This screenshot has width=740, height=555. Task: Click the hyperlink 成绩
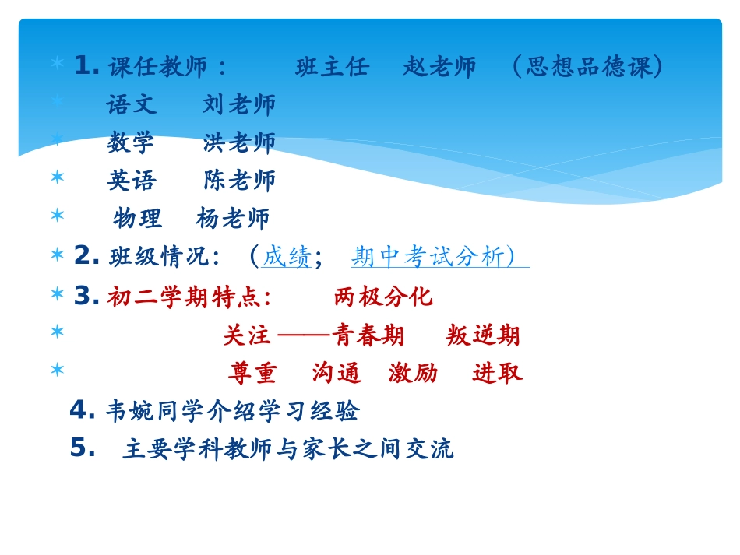287,256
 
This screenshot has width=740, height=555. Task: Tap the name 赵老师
439,67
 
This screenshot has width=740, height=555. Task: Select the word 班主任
333,67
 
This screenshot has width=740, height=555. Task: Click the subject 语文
132,104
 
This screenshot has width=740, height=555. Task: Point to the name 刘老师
239,104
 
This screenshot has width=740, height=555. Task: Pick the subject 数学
131,142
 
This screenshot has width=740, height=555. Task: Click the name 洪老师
239,142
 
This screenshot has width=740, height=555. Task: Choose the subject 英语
132,181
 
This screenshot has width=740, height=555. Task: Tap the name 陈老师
239,181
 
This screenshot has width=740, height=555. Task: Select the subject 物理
137,219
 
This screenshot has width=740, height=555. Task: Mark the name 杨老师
233,219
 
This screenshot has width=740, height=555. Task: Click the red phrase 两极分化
382,297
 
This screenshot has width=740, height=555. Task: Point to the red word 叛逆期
483,335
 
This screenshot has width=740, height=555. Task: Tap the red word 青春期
368,335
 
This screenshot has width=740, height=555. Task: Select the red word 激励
413,374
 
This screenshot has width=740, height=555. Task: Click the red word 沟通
337,374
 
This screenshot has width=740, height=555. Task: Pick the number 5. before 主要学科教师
82,448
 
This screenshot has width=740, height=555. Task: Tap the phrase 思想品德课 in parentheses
588,67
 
